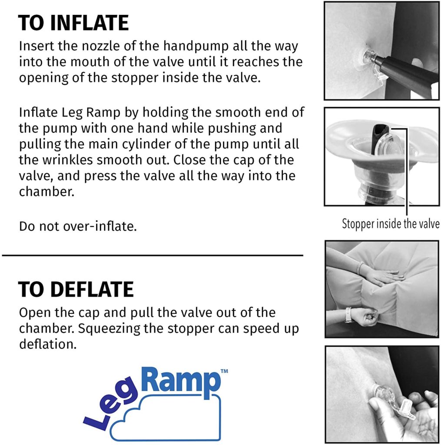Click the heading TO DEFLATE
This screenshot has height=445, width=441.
(76, 289)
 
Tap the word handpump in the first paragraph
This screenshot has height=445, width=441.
(196, 46)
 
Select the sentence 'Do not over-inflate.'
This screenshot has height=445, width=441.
(78, 226)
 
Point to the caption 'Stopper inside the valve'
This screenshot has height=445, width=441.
(391, 224)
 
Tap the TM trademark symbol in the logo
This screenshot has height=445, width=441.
(224, 371)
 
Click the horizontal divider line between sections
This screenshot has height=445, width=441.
(153, 256)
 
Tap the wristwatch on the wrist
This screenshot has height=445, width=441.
(348, 315)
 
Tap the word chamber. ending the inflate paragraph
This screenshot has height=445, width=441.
(46, 192)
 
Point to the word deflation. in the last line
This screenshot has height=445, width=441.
(48, 344)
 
